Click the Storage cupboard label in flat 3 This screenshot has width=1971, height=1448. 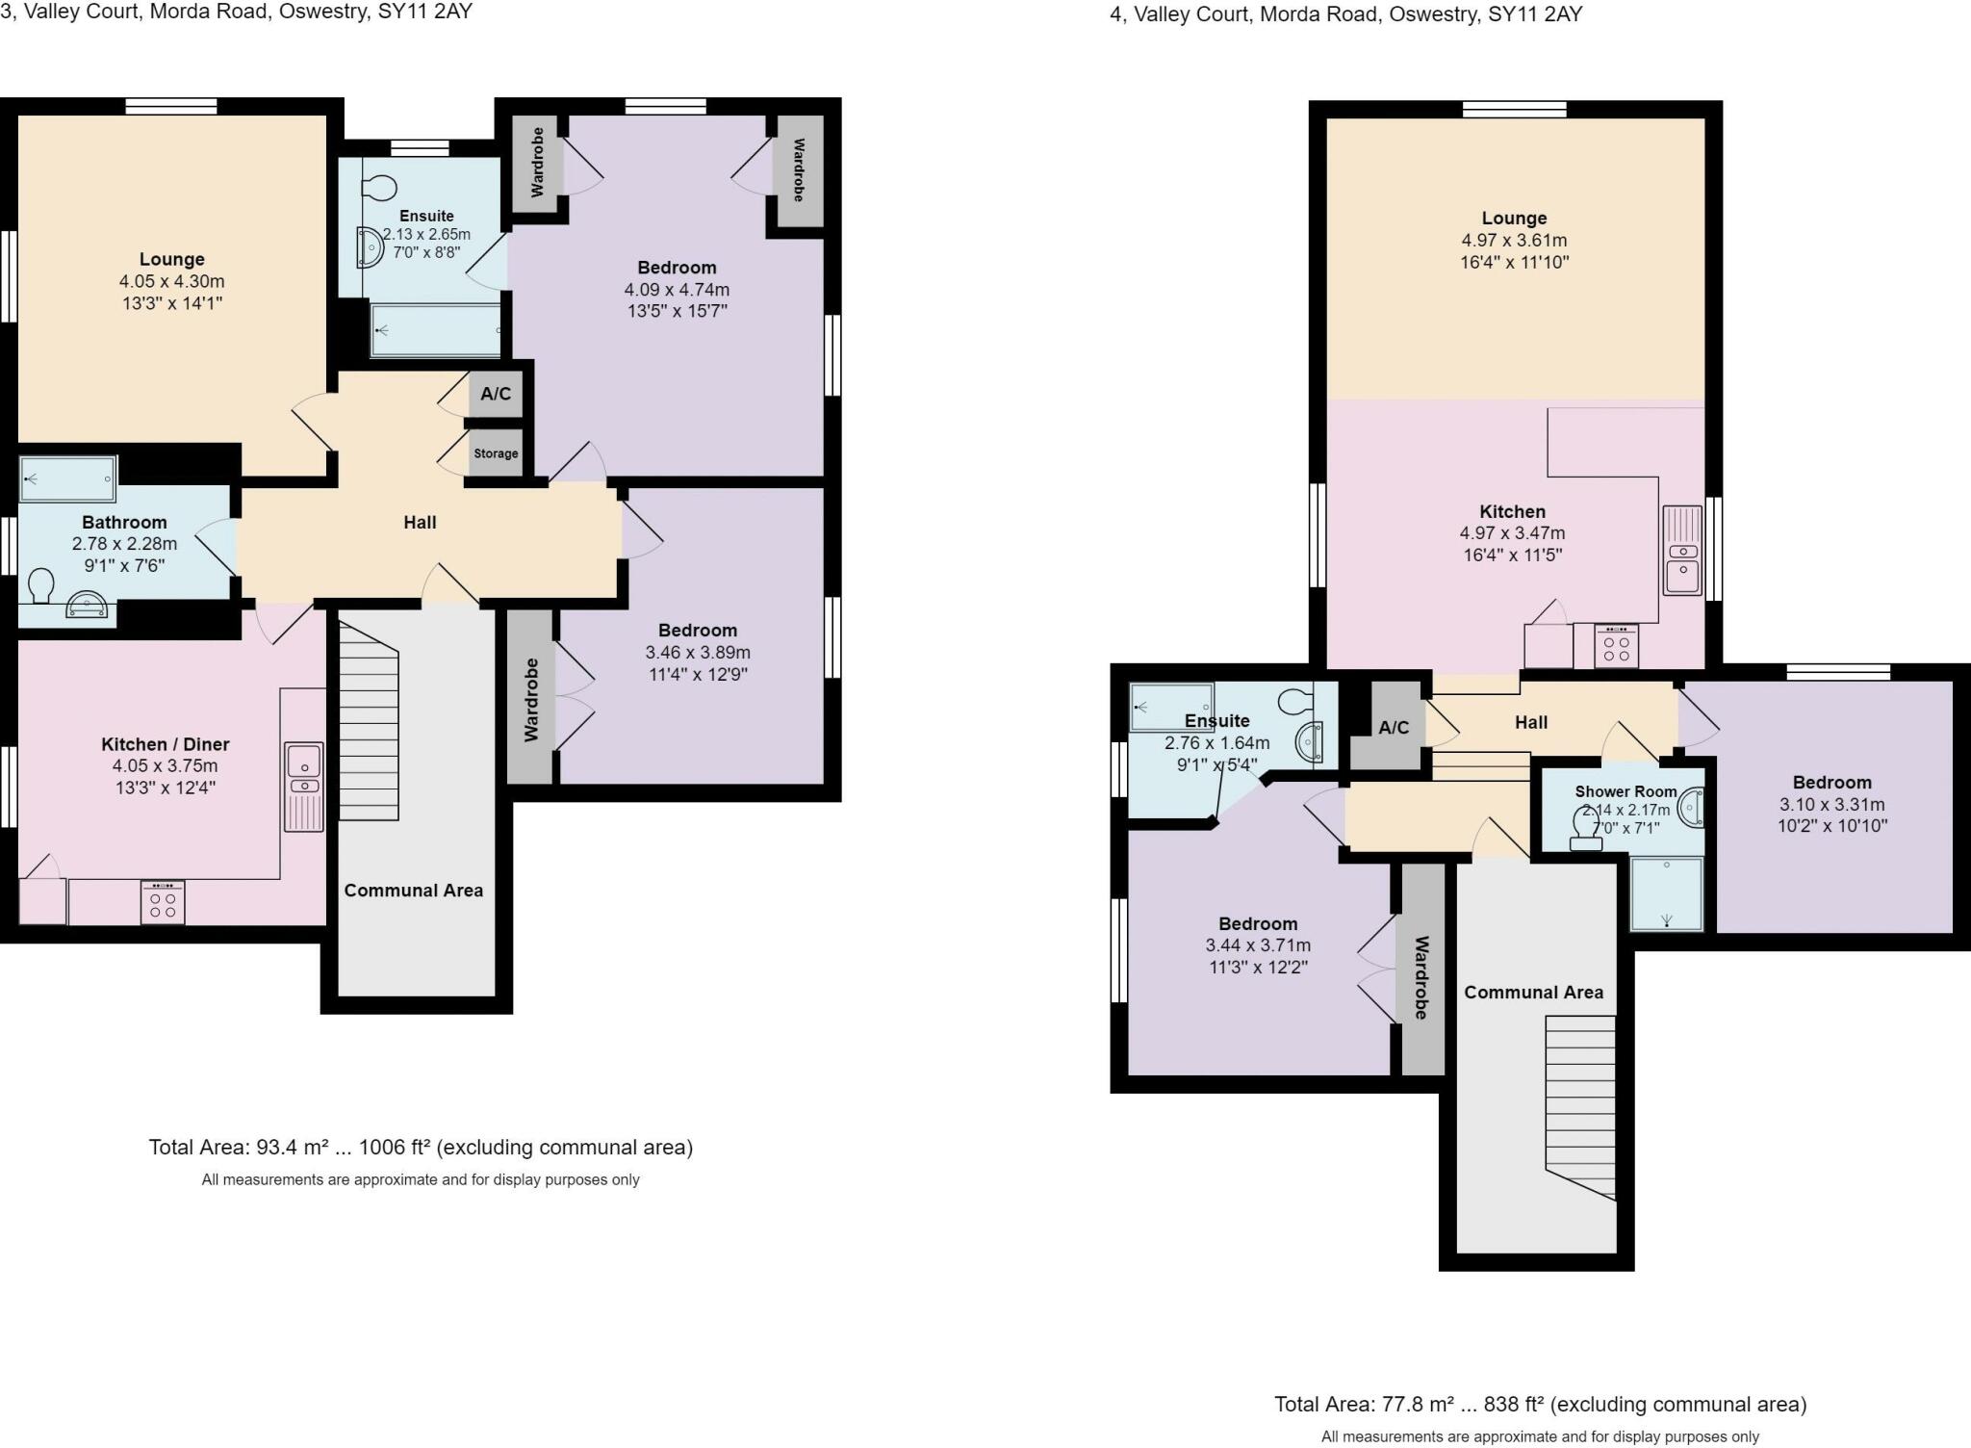(496, 453)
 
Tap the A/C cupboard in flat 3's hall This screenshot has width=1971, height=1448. (496, 394)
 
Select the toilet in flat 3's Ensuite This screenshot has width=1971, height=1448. (381, 186)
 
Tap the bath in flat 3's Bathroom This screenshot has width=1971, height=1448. (68, 479)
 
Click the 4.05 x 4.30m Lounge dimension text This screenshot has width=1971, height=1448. (171, 281)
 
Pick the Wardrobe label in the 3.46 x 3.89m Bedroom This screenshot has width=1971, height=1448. (531, 700)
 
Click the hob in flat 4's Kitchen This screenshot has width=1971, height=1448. (1616, 647)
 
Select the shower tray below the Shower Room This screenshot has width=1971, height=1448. (1666, 894)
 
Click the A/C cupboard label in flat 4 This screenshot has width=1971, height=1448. (1393, 728)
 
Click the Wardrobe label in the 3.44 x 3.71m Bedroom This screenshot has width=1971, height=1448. (1421, 976)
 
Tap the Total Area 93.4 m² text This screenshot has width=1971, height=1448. (421, 1148)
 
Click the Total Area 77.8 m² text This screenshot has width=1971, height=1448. (1540, 1405)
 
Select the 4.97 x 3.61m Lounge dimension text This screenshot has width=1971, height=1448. (1514, 241)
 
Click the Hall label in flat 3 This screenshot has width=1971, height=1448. (420, 523)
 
